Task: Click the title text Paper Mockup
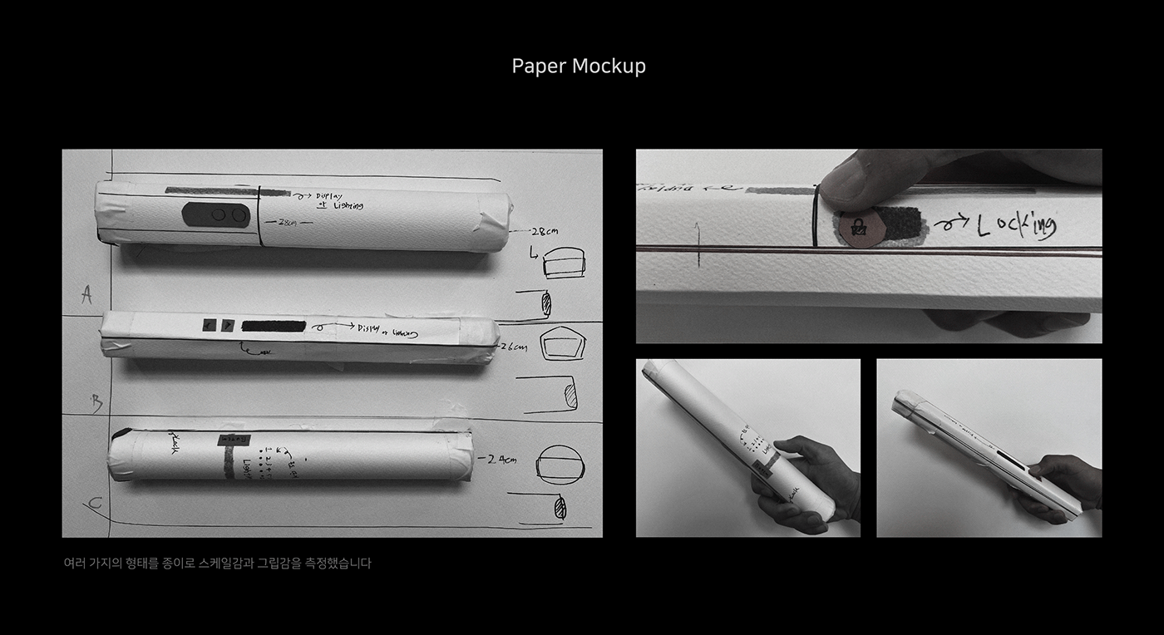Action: (x=579, y=66)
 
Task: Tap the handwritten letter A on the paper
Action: (x=86, y=294)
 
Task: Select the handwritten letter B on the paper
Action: (x=96, y=404)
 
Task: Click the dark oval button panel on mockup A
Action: (x=216, y=214)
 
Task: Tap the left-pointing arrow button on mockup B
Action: (x=209, y=325)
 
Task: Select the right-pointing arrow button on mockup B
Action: (x=227, y=325)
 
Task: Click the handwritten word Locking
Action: (x=1015, y=225)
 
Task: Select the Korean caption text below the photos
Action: (x=217, y=563)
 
